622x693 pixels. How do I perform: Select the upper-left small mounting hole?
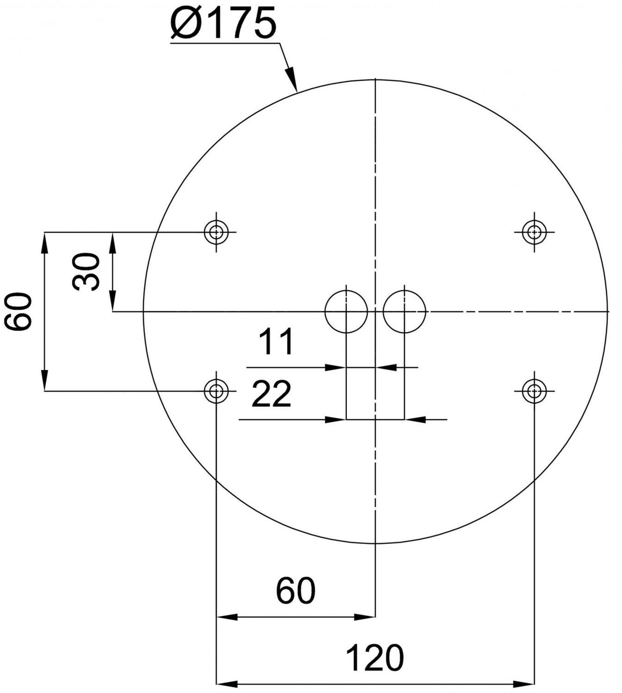(216, 232)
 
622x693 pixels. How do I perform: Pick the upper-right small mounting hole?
(534, 232)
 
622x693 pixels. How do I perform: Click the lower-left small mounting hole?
(216, 391)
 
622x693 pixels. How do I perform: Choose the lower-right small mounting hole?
(534, 391)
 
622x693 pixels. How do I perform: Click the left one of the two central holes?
(346, 311)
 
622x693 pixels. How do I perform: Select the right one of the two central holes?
(404, 311)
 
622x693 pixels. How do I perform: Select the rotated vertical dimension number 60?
(18, 311)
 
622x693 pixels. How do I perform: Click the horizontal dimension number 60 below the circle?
(296, 591)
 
